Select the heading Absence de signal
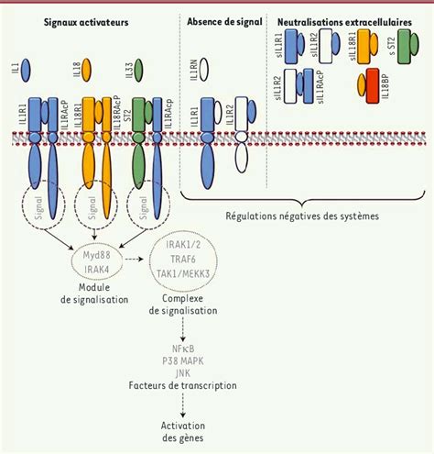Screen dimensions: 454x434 click(x=223, y=19)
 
